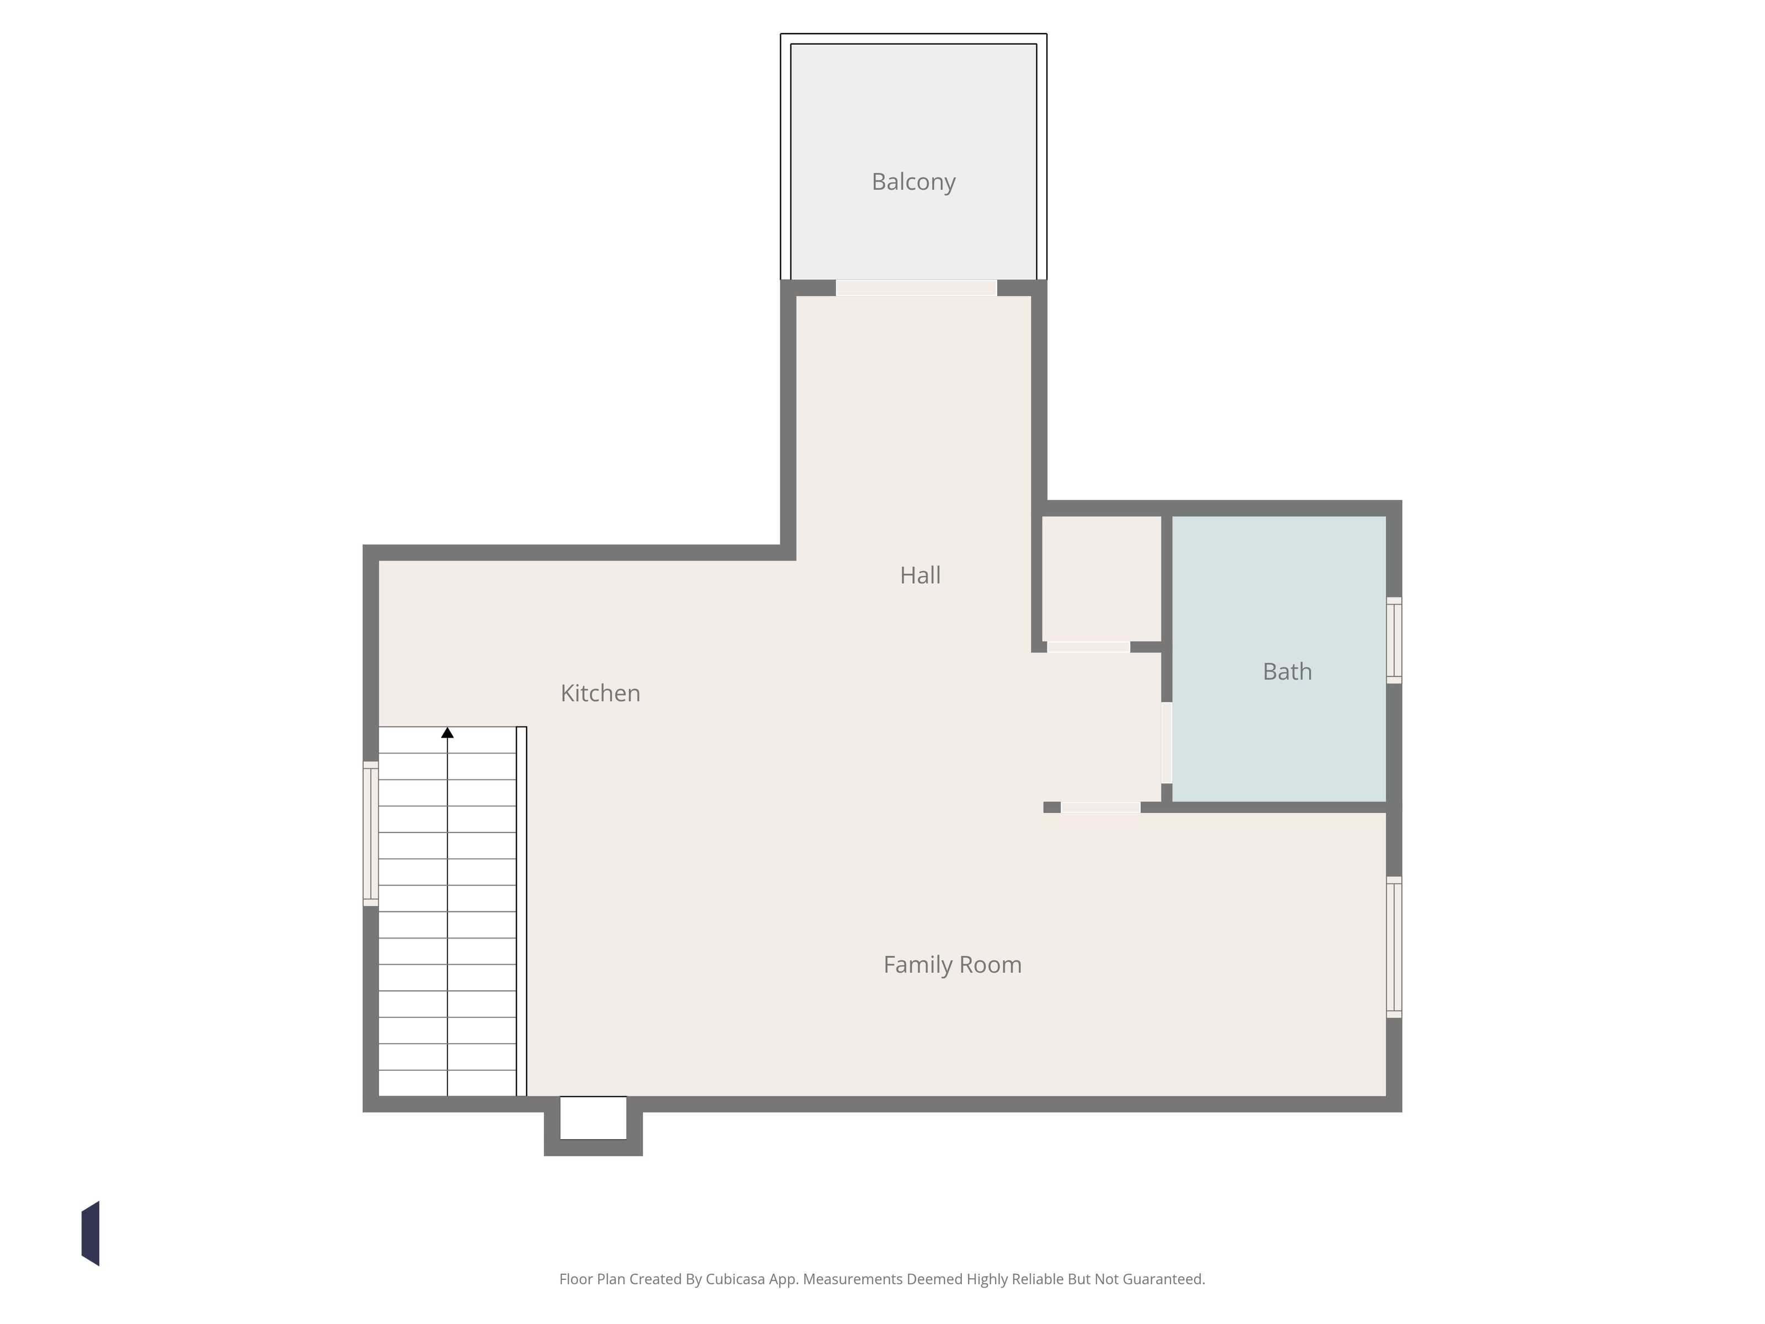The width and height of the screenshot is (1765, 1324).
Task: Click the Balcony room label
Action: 913,182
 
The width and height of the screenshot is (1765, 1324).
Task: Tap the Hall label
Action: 920,575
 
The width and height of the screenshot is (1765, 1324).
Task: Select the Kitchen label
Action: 600,693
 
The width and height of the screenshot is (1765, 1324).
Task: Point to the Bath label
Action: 1287,671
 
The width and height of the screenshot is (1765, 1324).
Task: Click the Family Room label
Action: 952,964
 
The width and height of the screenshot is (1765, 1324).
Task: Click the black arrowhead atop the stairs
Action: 448,733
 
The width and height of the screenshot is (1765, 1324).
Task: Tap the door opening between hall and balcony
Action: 916,288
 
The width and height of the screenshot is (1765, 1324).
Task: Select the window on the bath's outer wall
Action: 1394,640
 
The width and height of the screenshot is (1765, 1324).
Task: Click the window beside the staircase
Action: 370,833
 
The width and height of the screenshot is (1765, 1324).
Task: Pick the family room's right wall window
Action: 1394,947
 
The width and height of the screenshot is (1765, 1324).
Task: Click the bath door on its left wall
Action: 1167,742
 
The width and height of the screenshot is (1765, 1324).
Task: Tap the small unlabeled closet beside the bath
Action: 1101,579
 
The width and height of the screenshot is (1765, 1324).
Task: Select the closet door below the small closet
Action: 1088,647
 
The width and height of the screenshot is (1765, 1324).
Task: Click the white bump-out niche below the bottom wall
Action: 593,1118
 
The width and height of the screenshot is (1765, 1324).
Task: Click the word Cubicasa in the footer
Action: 735,1279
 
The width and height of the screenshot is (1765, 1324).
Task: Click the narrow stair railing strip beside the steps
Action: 521,911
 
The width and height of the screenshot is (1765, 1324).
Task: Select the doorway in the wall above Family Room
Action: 1100,808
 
